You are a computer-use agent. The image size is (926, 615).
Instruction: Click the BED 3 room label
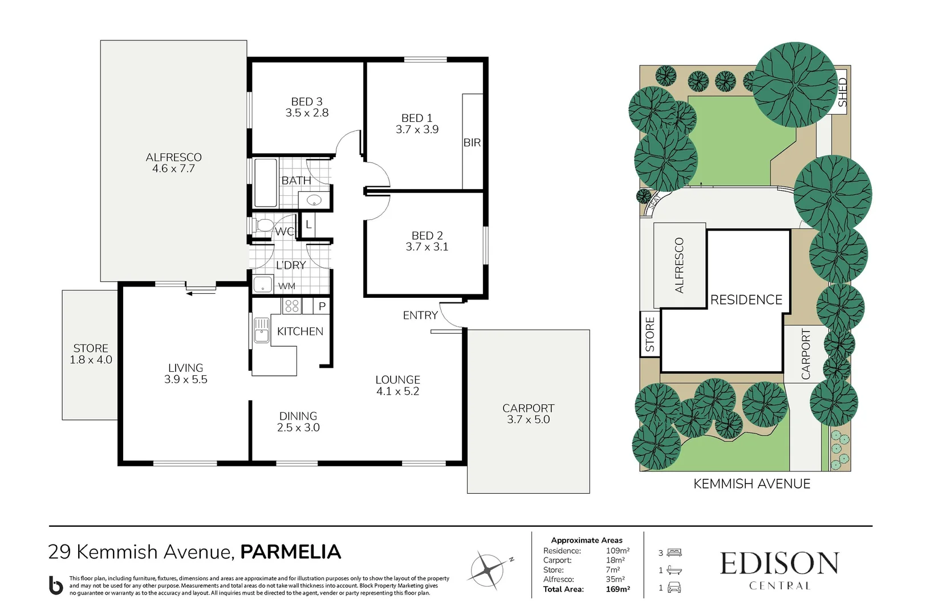(x=307, y=101)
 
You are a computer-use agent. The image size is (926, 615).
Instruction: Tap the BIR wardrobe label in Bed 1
(x=472, y=142)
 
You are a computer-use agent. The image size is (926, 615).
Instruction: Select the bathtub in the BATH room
(x=265, y=183)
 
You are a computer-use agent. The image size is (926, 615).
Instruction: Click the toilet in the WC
(x=263, y=225)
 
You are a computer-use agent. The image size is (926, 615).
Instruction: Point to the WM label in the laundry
(x=287, y=286)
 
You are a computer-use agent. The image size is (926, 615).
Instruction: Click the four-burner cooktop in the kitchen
(x=291, y=306)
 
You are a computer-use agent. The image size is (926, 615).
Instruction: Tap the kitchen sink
(x=261, y=330)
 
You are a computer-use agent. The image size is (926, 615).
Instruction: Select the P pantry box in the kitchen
(x=322, y=306)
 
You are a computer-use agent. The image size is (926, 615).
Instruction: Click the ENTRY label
(x=420, y=315)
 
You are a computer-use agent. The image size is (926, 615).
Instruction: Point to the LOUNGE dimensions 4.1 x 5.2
(x=397, y=391)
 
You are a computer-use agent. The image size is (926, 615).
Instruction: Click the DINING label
(x=298, y=416)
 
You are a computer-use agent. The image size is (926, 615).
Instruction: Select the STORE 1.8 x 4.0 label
(x=91, y=354)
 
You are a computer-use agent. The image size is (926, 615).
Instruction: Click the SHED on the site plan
(x=842, y=91)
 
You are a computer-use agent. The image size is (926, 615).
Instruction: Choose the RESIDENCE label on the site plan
(x=746, y=300)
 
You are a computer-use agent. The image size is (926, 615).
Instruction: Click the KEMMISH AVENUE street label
(x=752, y=484)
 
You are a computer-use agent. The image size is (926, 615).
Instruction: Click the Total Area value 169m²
(x=618, y=589)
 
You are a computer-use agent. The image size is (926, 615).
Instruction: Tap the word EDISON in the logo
(x=779, y=564)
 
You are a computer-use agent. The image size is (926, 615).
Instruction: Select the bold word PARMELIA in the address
(x=290, y=552)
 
